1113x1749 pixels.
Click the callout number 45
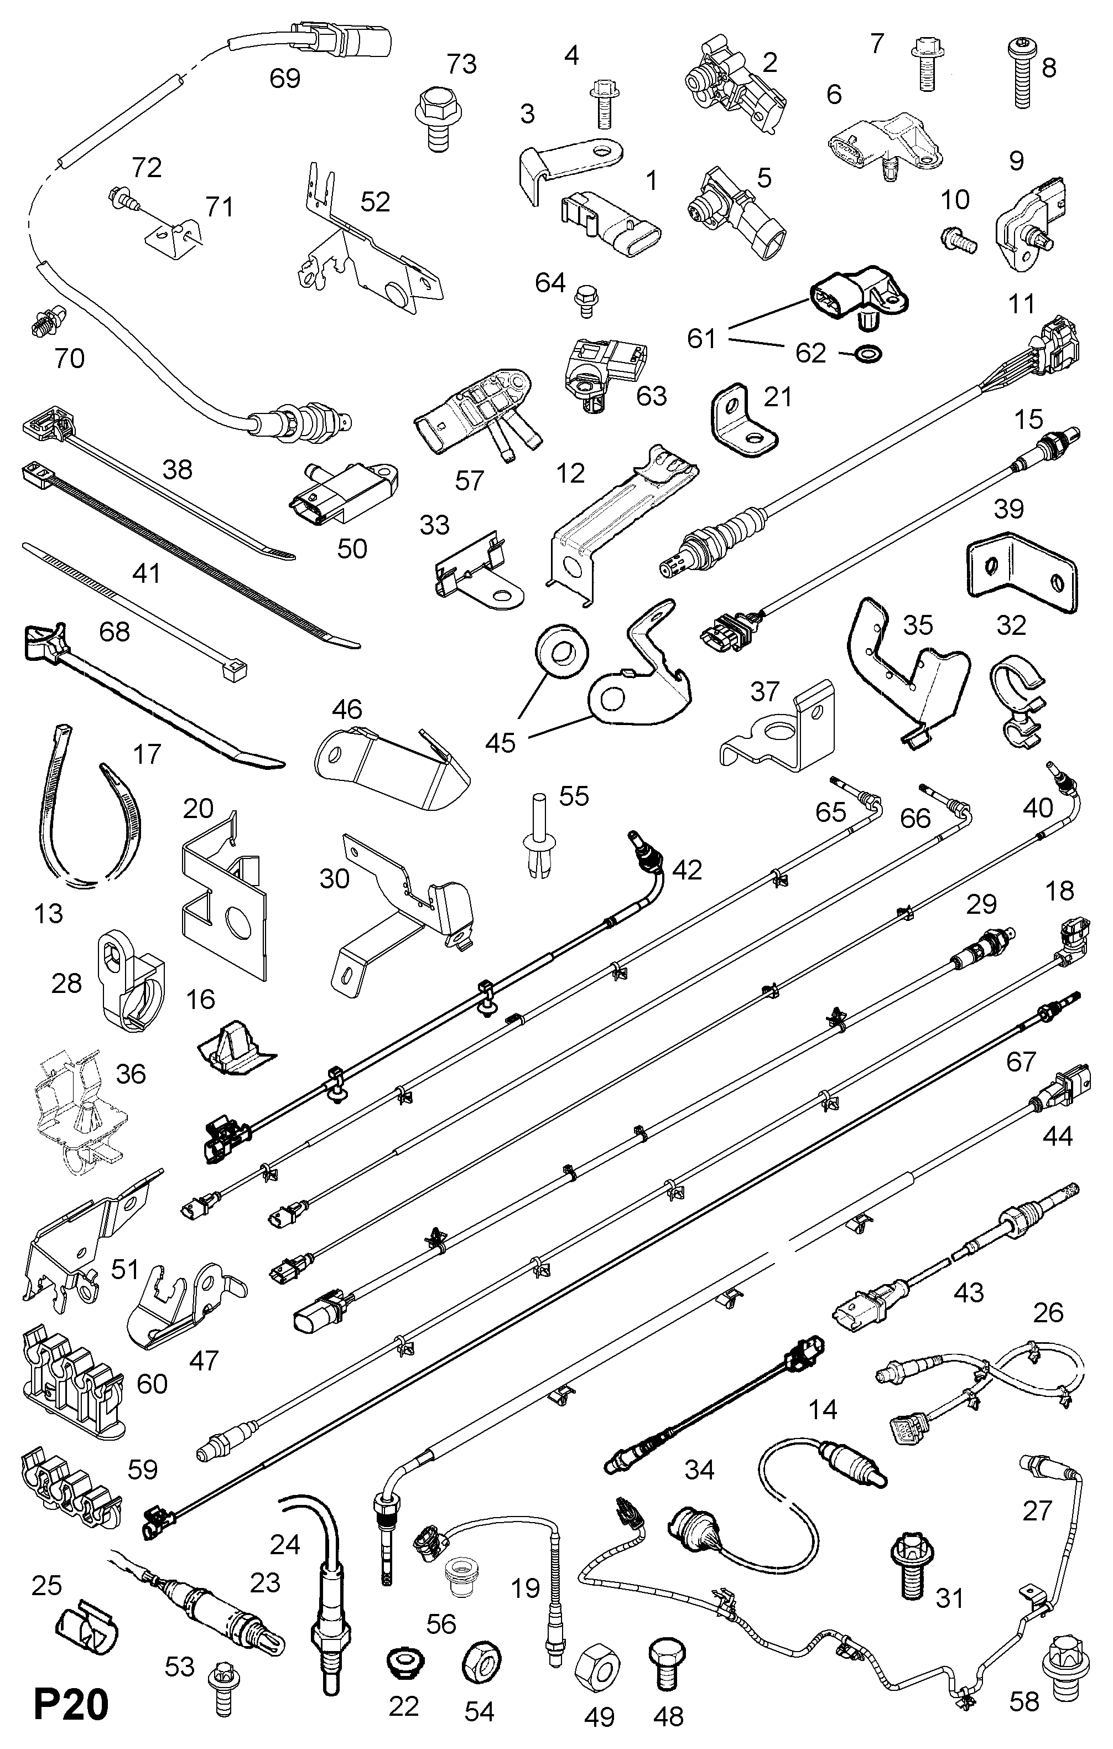point(500,742)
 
